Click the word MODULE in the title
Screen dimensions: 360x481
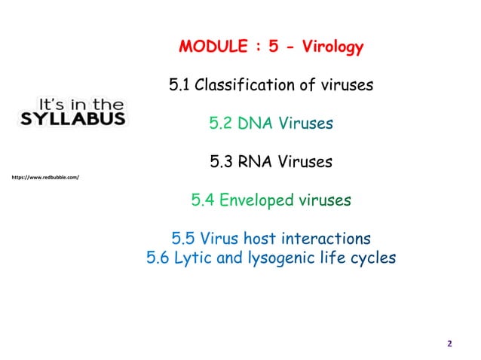click(210, 48)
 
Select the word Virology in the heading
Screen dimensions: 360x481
click(332, 48)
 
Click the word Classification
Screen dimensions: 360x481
click(242, 85)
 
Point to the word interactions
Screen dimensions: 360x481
click(325, 239)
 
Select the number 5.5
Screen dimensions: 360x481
click(185, 239)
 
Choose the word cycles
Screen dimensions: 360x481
click(369, 259)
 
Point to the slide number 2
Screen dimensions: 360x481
click(449, 344)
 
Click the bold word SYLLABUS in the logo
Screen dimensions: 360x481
click(72, 121)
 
